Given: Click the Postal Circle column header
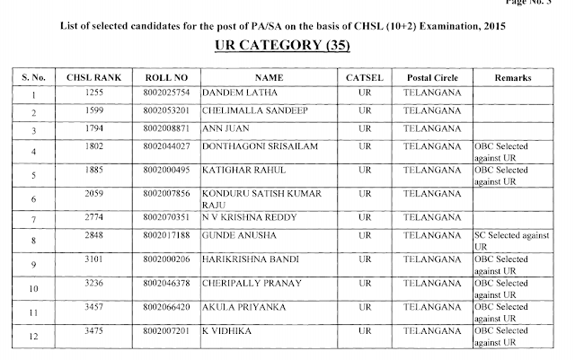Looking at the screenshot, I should click(432, 76).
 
